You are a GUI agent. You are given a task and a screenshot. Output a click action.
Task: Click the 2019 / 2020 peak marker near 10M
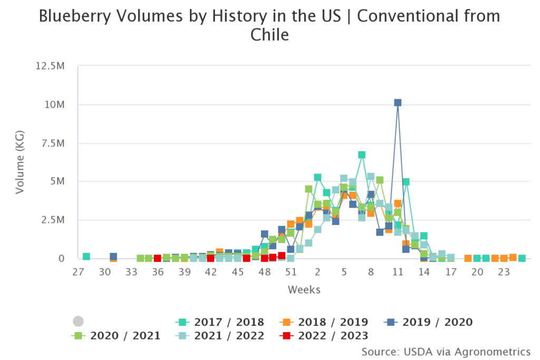tap(398, 103)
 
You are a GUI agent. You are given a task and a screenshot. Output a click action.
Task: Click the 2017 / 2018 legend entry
tap(220, 322)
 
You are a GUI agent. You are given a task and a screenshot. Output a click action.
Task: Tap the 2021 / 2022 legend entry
tap(220, 336)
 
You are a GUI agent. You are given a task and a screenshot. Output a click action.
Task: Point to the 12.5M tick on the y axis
tap(50, 66)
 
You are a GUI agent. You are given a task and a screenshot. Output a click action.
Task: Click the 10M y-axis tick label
tap(55, 104)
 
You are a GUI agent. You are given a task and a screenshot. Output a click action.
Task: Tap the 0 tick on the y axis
tap(61, 258)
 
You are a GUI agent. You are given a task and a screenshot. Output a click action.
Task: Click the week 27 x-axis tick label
tap(78, 272)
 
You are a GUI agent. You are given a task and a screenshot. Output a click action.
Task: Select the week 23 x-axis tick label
tap(504, 272)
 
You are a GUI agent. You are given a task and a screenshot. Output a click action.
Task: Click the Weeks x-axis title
tap(304, 290)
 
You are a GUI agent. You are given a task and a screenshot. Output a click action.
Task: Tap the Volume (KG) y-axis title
tap(20, 162)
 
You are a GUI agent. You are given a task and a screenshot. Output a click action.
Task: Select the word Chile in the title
tap(269, 35)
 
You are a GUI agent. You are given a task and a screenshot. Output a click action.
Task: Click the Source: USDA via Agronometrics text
tap(446, 351)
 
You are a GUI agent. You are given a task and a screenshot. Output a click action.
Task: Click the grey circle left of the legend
tap(78, 321)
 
